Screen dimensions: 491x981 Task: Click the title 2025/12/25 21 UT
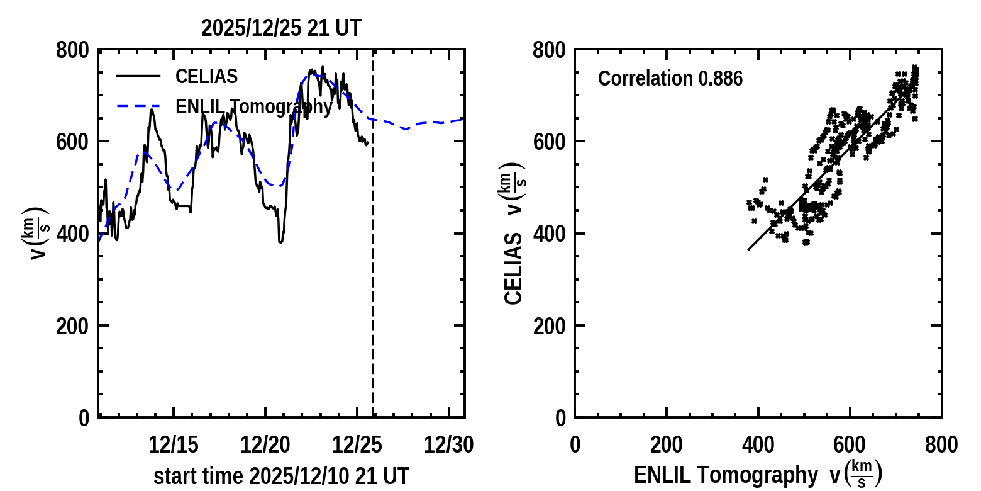point(281,28)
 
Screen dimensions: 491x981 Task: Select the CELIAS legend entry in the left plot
point(206,77)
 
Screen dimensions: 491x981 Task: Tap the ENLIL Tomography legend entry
point(253,107)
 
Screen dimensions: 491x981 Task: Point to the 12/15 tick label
point(174,445)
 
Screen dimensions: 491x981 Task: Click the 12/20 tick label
point(265,445)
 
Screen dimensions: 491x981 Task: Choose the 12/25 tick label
point(357,445)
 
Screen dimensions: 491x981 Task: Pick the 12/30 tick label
point(448,445)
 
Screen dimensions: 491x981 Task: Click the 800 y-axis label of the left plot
point(72,50)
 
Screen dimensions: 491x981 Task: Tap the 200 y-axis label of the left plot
point(72,326)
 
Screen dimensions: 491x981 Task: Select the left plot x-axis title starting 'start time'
point(281,476)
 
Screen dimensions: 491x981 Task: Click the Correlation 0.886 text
point(670,79)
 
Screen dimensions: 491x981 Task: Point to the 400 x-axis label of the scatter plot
point(758,445)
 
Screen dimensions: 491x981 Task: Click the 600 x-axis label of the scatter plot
point(850,445)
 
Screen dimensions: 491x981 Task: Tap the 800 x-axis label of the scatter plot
point(941,445)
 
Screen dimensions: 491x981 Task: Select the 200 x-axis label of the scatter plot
point(667,445)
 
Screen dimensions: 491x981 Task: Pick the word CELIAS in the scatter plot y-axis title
point(514,269)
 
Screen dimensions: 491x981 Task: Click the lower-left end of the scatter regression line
point(748,250)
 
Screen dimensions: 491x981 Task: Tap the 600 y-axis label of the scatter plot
point(549,142)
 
